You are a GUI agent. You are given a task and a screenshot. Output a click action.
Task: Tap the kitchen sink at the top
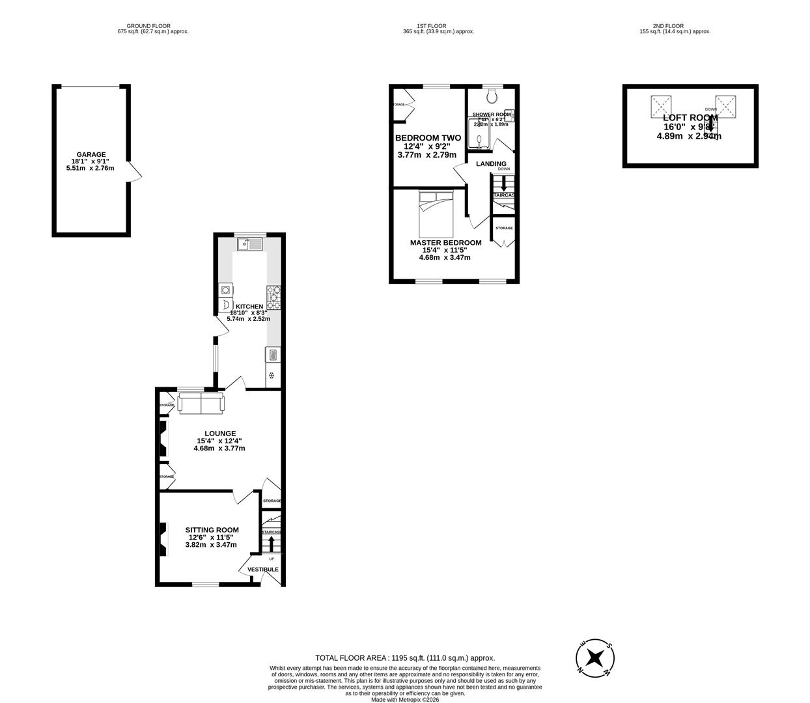(250, 244)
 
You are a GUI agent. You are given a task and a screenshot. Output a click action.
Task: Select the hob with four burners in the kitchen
(273, 297)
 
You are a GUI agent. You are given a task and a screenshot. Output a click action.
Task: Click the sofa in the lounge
(201, 403)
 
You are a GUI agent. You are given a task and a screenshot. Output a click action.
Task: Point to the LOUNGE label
(220, 434)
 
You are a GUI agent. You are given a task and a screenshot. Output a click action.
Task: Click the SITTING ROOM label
(212, 530)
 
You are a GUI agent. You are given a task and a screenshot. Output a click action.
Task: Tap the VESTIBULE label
(263, 570)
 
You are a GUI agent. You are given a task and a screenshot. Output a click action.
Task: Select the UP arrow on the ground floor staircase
(271, 544)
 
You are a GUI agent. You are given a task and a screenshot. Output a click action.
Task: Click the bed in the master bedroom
(436, 214)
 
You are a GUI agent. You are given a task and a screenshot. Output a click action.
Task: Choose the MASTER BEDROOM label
(445, 243)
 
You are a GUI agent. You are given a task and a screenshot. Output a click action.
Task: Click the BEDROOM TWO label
(428, 138)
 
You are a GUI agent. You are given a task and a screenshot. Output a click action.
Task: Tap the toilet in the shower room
(492, 96)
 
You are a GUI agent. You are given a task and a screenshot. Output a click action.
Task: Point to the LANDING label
(491, 164)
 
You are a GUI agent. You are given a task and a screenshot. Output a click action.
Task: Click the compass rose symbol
(594, 657)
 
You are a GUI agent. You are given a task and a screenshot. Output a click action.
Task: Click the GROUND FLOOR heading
(148, 26)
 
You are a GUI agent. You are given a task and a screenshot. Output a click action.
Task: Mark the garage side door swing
(135, 172)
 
